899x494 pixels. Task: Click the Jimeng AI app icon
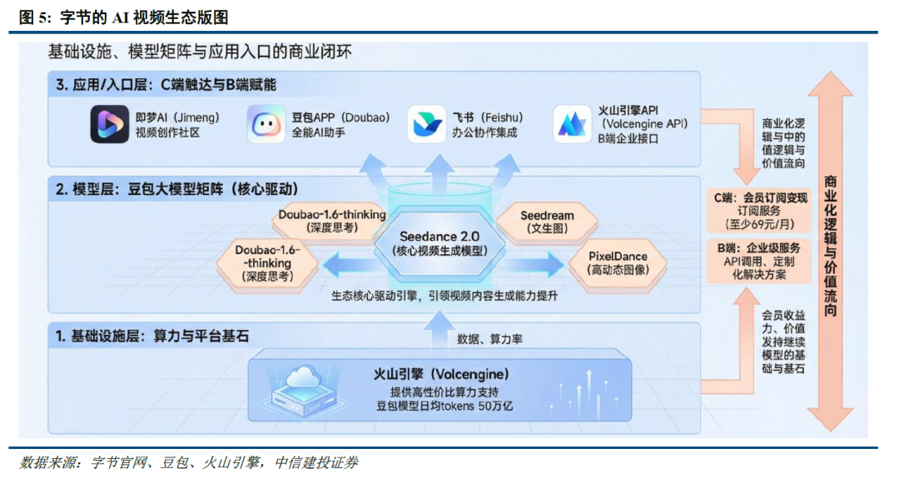coord(110,125)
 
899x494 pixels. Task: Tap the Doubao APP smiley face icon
coord(266,125)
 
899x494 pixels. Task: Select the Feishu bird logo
coord(427,125)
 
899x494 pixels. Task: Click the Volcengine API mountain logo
coord(574,125)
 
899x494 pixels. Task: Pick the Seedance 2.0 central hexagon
coord(439,243)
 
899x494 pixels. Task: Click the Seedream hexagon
coord(547,222)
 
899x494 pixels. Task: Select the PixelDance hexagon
coord(618,262)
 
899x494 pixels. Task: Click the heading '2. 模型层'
coord(176,189)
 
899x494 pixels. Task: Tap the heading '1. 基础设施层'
coord(152,336)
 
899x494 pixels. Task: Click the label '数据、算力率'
coord(489,339)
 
